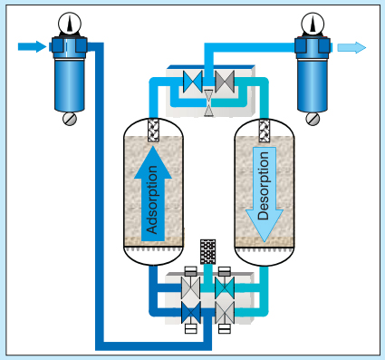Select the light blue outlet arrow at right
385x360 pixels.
[353, 48]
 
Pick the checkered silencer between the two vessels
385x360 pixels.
[208, 252]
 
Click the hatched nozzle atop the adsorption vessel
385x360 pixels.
[152, 128]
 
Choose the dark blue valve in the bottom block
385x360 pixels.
[192, 311]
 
